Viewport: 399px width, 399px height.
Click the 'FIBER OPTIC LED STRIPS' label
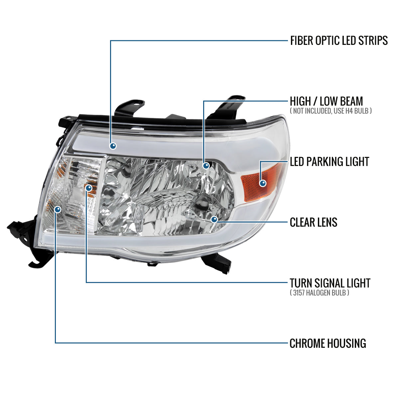tap(339, 41)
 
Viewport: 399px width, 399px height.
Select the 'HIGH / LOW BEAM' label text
tap(326, 101)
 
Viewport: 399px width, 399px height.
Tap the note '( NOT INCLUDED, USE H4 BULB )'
tap(331, 111)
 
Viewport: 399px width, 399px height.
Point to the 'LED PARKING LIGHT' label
tap(329, 162)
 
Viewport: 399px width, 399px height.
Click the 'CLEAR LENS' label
tap(313, 222)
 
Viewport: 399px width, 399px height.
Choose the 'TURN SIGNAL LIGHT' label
tap(330, 283)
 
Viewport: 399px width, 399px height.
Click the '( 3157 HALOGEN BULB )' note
tap(319, 293)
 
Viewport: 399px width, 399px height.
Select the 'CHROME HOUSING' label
tap(328, 343)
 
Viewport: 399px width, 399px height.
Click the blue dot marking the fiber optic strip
tap(113, 146)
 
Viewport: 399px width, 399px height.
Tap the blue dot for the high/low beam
tap(206, 165)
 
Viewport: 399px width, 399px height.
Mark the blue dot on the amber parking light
tap(263, 183)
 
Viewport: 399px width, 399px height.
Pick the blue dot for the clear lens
tap(214, 219)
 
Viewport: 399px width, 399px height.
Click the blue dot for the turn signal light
tap(88, 188)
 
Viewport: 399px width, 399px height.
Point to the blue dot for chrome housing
tap(58, 209)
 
